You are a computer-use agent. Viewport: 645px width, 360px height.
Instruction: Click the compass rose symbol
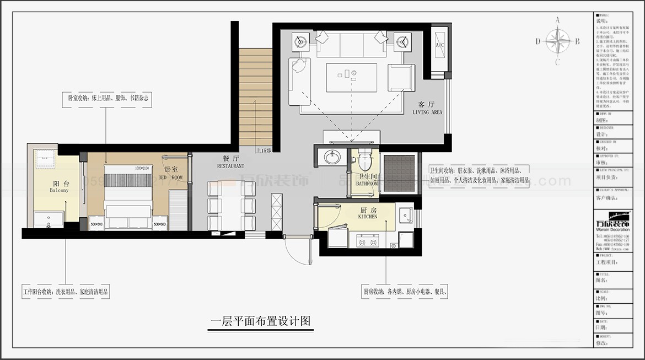tap(558, 41)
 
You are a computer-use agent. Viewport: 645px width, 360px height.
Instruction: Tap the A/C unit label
tap(439, 45)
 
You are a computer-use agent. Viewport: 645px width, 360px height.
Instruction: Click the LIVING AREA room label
tap(427, 108)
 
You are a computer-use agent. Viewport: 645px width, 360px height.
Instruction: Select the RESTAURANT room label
tap(230, 162)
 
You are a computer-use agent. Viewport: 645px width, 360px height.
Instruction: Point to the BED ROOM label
tap(170, 174)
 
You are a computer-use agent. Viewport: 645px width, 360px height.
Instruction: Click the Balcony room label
tap(60, 187)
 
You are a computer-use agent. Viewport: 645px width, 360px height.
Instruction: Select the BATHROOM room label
tap(366, 180)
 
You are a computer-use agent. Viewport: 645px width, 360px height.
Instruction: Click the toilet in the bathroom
tap(364, 160)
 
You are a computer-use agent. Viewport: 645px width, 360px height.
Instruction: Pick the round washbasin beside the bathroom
tap(332, 158)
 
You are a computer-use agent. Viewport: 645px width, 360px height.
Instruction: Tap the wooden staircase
tap(255, 97)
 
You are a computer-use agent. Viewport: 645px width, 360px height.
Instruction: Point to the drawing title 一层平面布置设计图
tap(261, 321)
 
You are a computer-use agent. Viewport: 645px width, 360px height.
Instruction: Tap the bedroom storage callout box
tap(106, 98)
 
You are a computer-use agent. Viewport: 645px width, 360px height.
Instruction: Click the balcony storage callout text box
tap(66, 292)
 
